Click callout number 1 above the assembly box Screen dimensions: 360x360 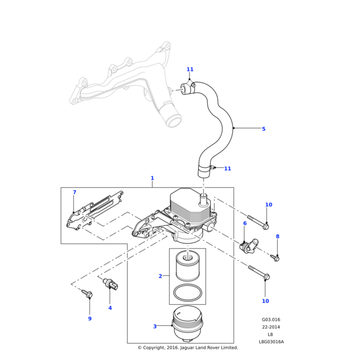pyautogui.click(x=152, y=178)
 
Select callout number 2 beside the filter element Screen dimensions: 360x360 pyautogui.click(x=160, y=276)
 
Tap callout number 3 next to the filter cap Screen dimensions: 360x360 pyautogui.click(x=155, y=326)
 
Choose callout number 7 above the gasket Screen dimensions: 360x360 pyautogui.click(x=74, y=193)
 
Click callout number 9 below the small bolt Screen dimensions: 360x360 pyautogui.click(x=90, y=319)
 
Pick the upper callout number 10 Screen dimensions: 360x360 pyautogui.click(x=269, y=205)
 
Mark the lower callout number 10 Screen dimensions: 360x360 pyautogui.click(x=265, y=301)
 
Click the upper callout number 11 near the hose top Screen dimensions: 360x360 pyautogui.click(x=190, y=70)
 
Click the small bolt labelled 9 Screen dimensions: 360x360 pyautogui.click(x=87, y=294)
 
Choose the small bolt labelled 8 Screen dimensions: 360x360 pyautogui.click(x=275, y=257)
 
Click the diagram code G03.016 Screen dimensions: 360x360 pyautogui.click(x=271, y=320)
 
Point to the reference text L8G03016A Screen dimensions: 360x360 pyautogui.click(x=271, y=342)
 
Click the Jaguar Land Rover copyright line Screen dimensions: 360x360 pyautogui.click(x=188, y=347)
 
